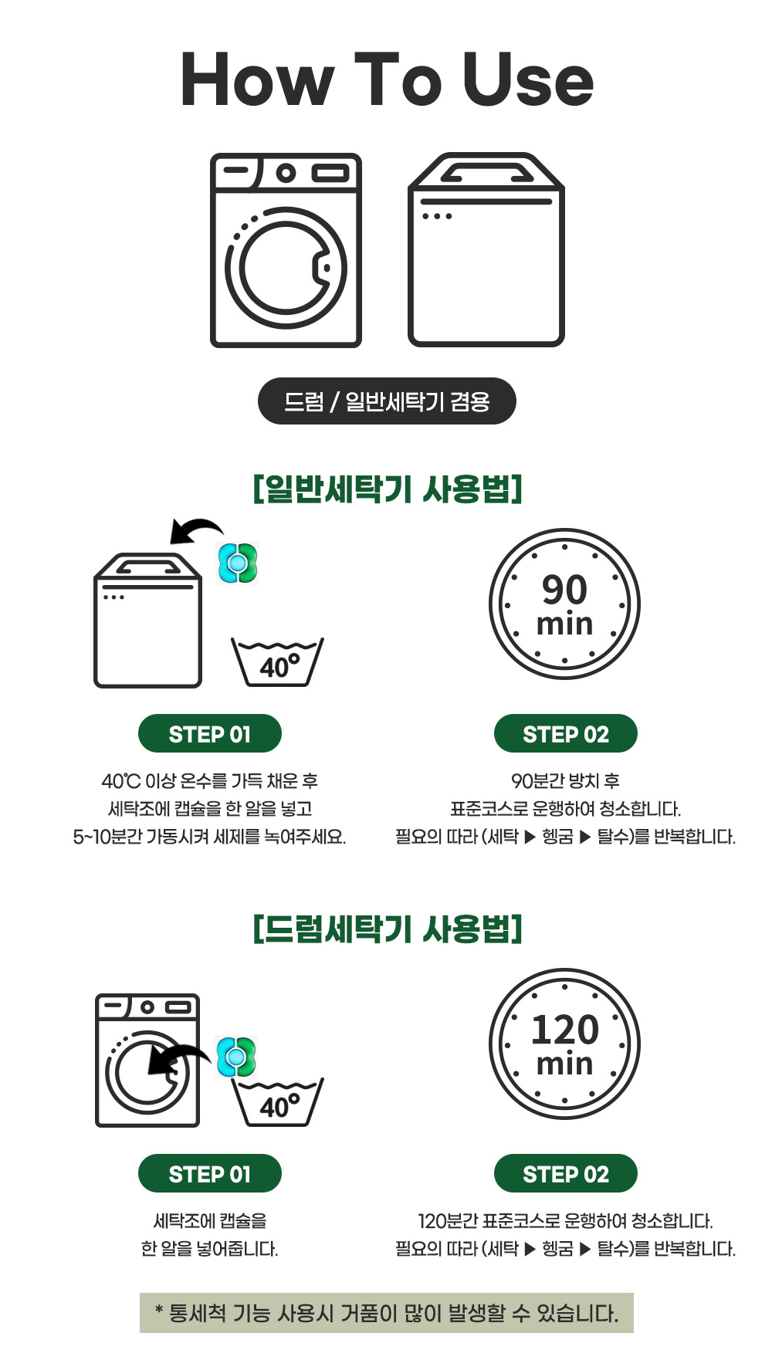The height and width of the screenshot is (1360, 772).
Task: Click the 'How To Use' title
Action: [387, 80]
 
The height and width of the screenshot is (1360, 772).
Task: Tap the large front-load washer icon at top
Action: [286, 250]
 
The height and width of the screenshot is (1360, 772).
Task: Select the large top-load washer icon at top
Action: [486, 250]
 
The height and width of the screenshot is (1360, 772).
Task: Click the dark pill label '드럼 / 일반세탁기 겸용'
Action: [387, 401]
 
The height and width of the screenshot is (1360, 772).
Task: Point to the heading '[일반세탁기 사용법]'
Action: [388, 489]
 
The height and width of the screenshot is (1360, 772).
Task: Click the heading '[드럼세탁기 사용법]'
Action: [388, 929]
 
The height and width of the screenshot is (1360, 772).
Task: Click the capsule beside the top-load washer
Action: [238, 563]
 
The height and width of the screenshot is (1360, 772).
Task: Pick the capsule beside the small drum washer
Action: [236, 1057]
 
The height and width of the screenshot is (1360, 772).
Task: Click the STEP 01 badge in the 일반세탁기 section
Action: [210, 734]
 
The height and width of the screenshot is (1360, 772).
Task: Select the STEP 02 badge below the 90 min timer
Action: [566, 734]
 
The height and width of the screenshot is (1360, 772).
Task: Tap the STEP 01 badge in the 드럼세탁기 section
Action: [210, 1174]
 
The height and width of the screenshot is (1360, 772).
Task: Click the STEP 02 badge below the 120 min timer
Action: [566, 1174]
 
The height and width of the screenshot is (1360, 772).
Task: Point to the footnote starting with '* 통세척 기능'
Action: [387, 1313]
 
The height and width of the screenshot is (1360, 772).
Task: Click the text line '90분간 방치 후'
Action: [566, 781]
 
